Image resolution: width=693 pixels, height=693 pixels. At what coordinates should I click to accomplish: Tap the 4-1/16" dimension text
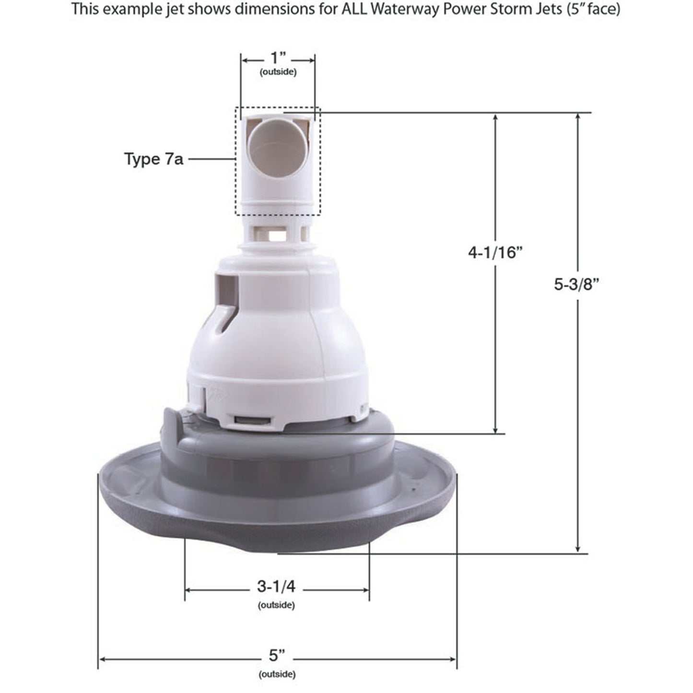pos(494,252)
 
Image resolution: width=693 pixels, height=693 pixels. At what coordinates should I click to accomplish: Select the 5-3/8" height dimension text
pos(577,284)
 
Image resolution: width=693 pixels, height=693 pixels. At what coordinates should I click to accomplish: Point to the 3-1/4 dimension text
pos(276,587)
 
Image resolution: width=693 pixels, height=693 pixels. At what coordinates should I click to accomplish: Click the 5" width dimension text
pos(277,655)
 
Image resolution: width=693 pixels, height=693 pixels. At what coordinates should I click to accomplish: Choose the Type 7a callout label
pos(153,159)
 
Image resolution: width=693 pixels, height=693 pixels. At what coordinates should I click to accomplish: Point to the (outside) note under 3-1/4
pos(276,605)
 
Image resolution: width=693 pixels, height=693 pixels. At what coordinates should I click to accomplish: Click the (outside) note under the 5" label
pos(277,674)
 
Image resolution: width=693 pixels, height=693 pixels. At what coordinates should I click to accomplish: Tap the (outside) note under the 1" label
pos(278,72)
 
